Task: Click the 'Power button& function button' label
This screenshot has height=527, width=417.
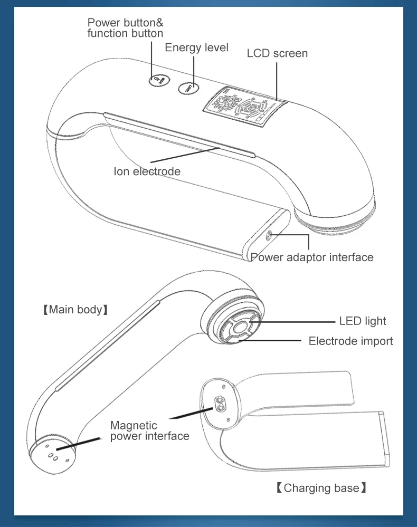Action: (x=125, y=28)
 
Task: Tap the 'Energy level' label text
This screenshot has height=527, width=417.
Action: (x=196, y=47)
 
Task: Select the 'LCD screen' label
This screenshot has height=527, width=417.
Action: (x=277, y=53)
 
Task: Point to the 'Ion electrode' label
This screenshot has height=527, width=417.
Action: (x=147, y=171)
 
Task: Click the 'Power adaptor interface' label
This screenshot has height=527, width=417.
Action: (x=312, y=257)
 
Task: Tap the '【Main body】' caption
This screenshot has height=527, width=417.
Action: (x=75, y=310)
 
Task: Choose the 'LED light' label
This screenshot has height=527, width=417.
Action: (x=362, y=321)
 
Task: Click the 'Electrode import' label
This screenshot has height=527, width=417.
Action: (x=350, y=341)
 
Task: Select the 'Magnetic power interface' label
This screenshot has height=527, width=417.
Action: (x=149, y=430)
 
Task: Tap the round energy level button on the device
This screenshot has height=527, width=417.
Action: (x=187, y=88)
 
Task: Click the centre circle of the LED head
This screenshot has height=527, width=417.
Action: (x=240, y=328)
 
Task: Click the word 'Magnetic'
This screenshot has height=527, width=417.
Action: (x=134, y=425)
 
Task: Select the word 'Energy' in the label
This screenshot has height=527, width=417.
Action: (x=181, y=47)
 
